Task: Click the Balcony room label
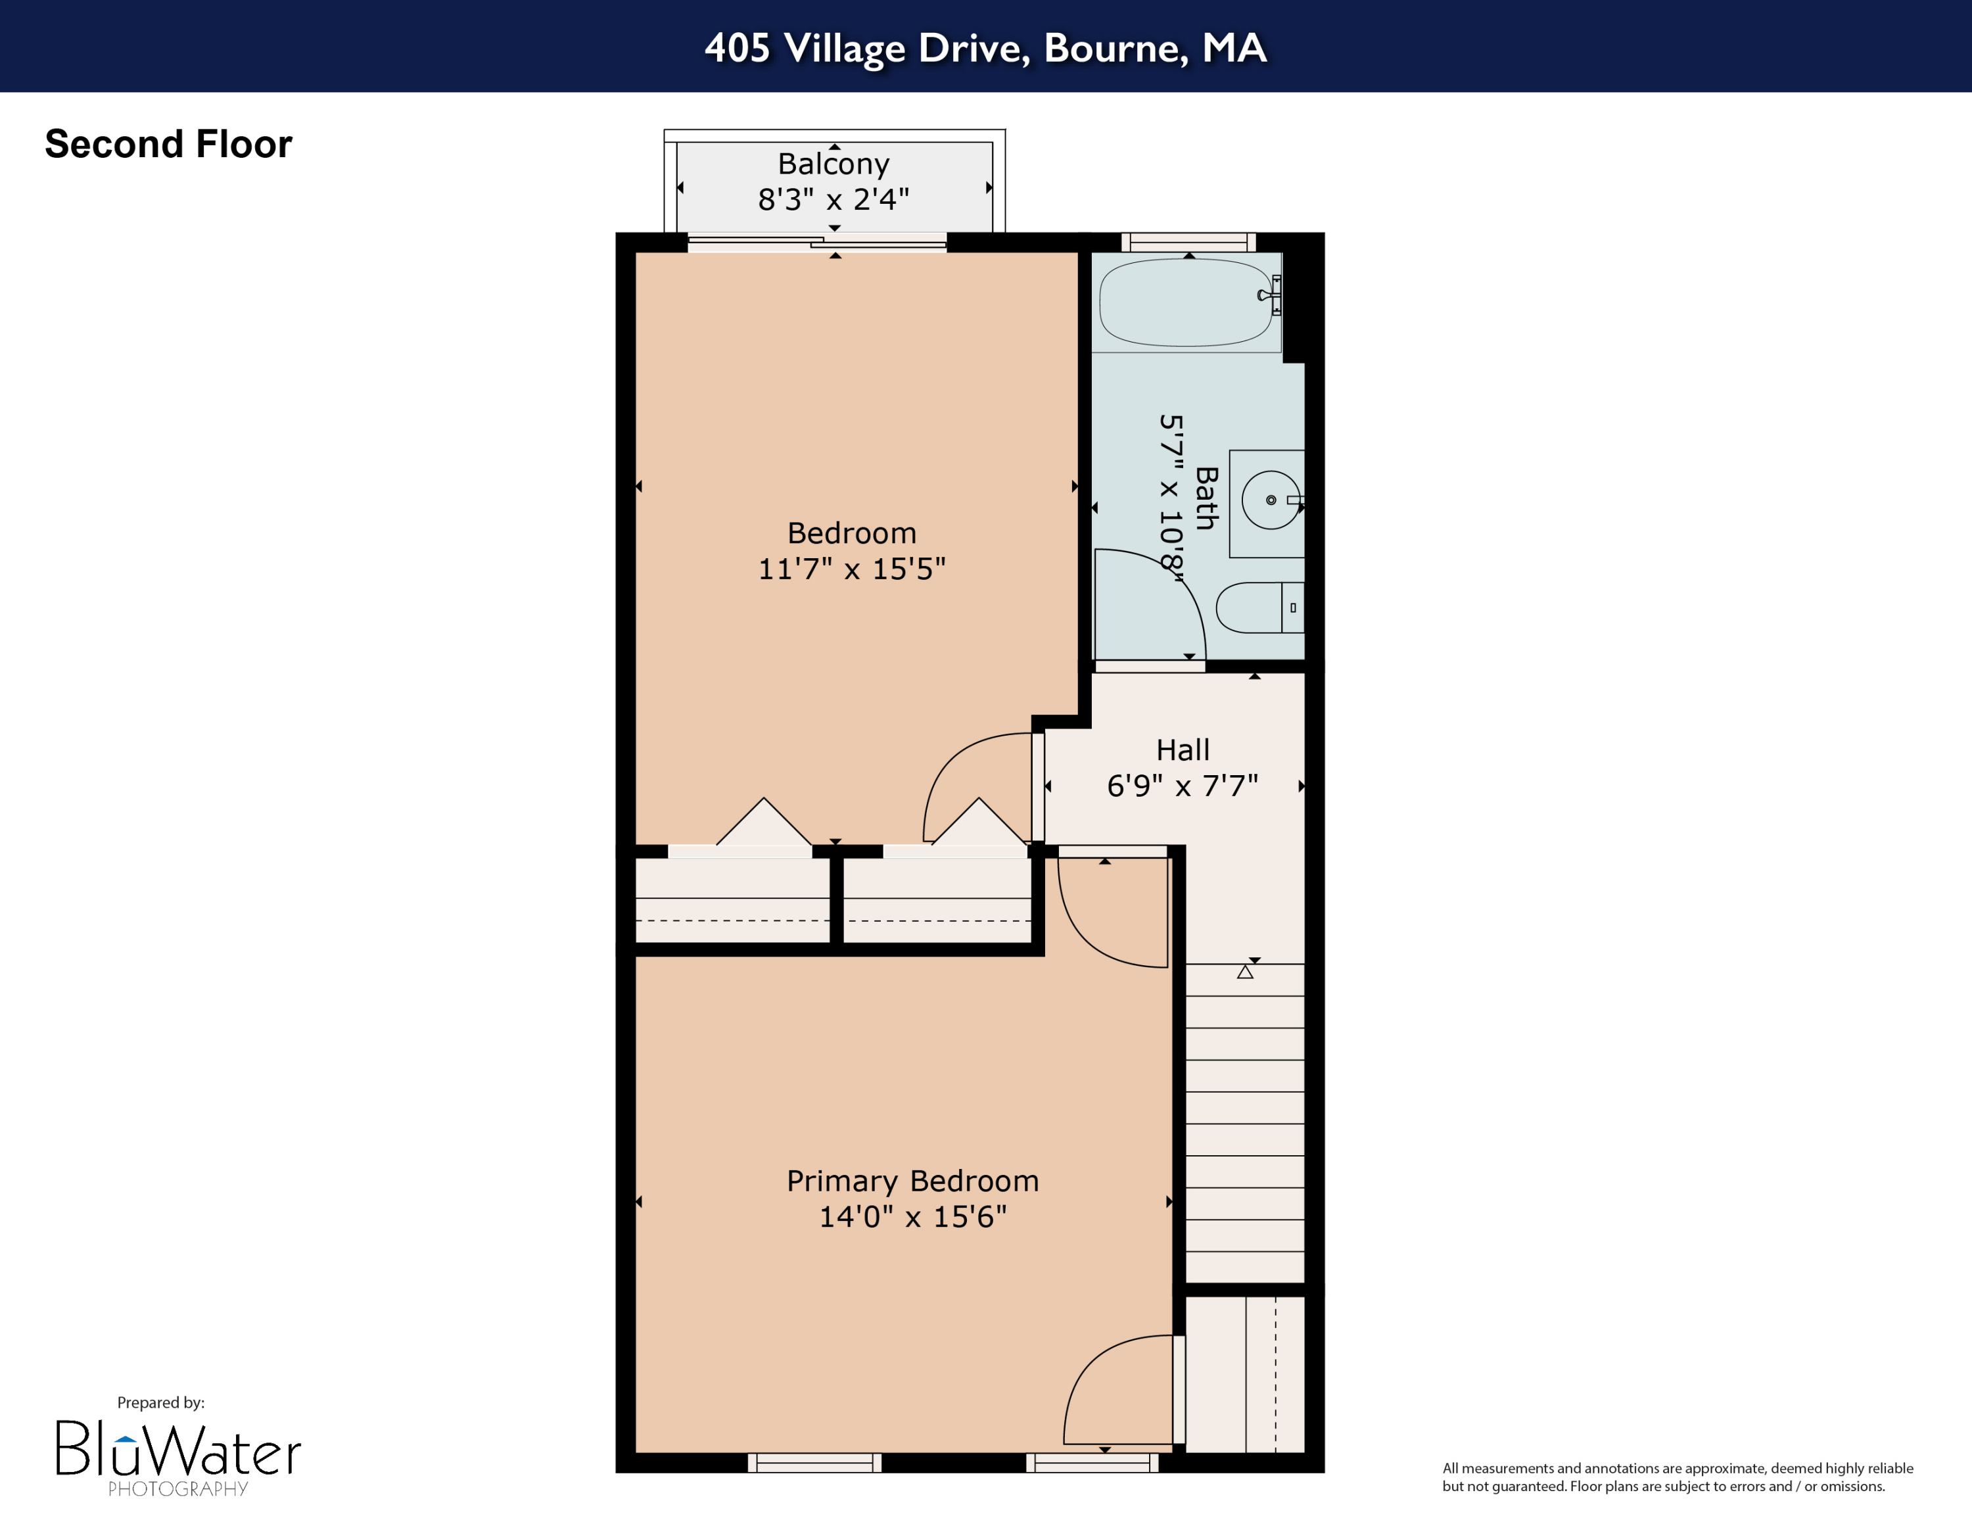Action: (x=833, y=164)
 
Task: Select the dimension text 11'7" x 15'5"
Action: (x=851, y=569)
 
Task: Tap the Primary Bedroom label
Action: (x=912, y=1181)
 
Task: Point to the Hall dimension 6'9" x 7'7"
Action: (x=1182, y=786)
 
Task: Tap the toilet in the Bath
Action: (x=1255, y=607)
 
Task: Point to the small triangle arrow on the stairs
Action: (x=1245, y=972)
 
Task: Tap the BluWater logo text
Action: (x=178, y=1449)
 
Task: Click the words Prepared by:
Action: (x=161, y=1402)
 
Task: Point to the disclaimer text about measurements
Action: (x=1677, y=1477)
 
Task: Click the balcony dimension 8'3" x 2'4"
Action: (x=833, y=199)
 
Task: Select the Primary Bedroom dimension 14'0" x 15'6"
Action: (x=912, y=1217)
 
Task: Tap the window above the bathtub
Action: (x=1188, y=242)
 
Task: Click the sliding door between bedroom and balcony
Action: (x=817, y=242)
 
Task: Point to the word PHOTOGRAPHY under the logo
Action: (x=178, y=1488)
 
